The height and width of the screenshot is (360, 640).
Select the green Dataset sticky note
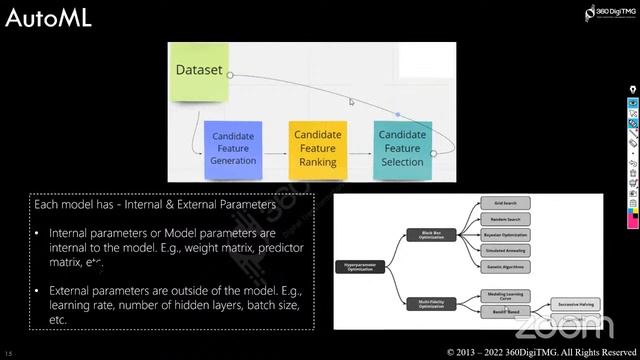(199, 72)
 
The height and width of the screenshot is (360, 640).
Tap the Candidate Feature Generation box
(232, 148)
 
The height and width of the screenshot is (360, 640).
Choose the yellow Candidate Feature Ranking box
(317, 148)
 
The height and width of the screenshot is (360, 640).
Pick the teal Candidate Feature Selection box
(403, 148)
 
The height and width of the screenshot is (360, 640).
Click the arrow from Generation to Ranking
(275, 149)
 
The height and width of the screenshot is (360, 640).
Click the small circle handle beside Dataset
(231, 73)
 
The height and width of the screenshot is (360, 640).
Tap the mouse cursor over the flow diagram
(350, 101)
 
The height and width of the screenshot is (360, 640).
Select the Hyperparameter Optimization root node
(362, 267)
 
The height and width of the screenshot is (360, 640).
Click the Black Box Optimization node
(432, 234)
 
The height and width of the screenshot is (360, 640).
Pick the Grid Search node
(504, 202)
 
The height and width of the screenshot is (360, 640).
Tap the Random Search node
(504, 218)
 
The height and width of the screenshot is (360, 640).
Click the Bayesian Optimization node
(504, 235)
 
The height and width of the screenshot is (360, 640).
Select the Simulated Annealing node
(504, 251)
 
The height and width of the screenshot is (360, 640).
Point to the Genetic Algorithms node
(504, 268)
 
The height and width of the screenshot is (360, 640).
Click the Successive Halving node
(578, 302)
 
